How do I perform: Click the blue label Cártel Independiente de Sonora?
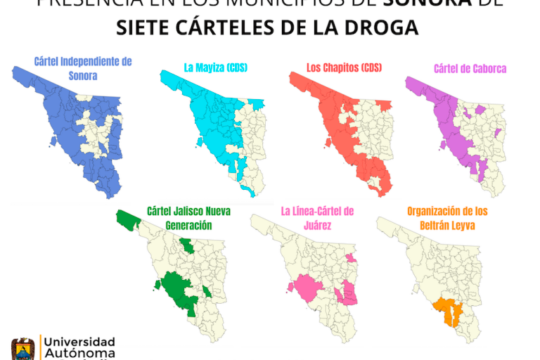83,68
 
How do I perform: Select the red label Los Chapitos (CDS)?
344,68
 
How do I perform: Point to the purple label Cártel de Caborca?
470,69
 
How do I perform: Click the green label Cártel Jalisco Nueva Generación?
188,217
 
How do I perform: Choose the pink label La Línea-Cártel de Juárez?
317,217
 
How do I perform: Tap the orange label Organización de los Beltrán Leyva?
447,217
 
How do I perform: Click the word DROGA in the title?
384,27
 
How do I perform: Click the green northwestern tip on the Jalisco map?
128,219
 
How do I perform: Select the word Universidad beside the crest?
79,341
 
